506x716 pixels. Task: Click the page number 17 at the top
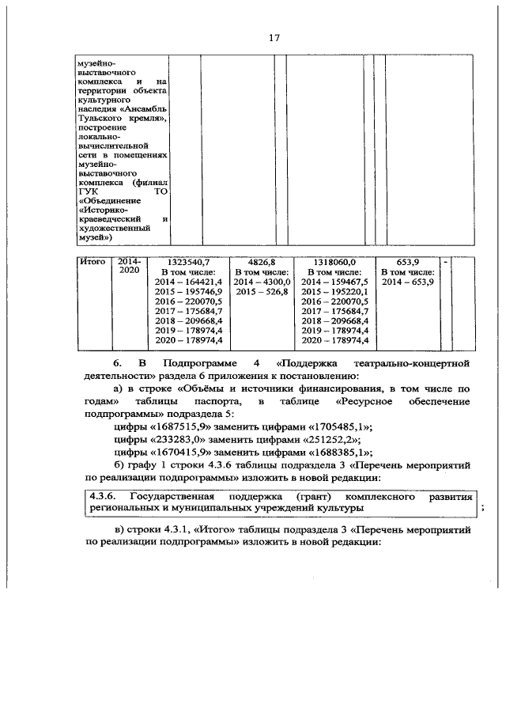click(x=275, y=37)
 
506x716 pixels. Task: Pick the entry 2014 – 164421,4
click(x=190, y=282)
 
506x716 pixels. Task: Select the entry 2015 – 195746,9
click(x=190, y=291)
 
